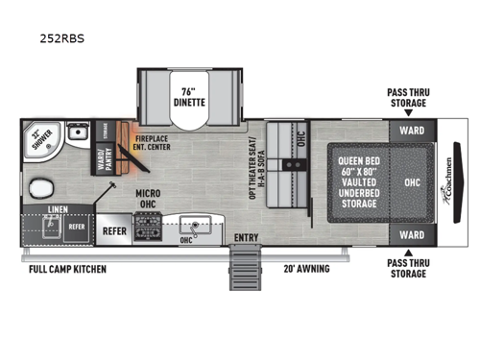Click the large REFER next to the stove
click(x=114, y=231)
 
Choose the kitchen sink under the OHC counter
click(x=197, y=228)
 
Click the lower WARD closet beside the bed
click(x=411, y=234)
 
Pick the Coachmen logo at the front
click(x=453, y=181)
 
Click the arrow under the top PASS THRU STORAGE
click(x=409, y=112)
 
